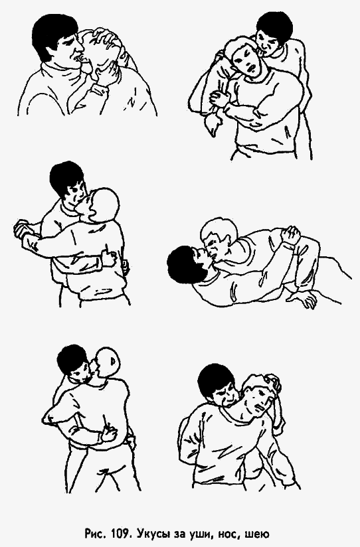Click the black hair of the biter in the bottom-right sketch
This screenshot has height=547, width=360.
216,380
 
